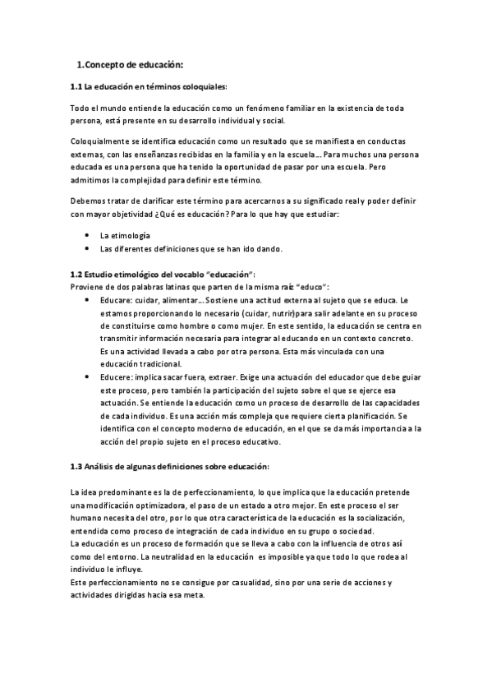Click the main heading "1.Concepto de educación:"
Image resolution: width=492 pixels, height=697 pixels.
(x=129, y=64)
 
